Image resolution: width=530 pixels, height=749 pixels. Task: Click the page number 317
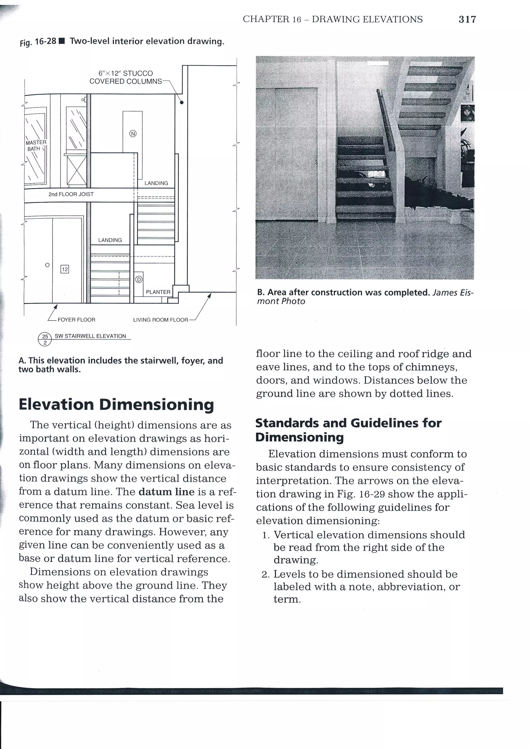pyautogui.click(x=467, y=20)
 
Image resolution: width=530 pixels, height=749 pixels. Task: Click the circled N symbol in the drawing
pyautogui.click(x=133, y=133)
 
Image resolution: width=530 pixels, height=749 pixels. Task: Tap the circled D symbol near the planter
pyautogui.click(x=139, y=280)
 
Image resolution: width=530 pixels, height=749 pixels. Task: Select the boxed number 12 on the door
pyautogui.click(x=65, y=269)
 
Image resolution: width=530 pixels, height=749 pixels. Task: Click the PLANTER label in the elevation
pyautogui.click(x=158, y=292)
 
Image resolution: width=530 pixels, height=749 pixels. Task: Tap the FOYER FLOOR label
pyautogui.click(x=76, y=320)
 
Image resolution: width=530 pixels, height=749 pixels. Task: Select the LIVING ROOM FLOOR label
pyautogui.click(x=160, y=320)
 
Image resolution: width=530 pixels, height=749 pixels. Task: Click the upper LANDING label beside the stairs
pyautogui.click(x=156, y=183)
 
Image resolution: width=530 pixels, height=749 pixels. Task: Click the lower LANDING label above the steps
pyautogui.click(x=110, y=240)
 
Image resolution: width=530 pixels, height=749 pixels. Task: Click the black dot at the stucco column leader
pyautogui.click(x=182, y=102)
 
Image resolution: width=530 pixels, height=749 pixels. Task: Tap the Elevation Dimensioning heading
pyautogui.click(x=116, y=405)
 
